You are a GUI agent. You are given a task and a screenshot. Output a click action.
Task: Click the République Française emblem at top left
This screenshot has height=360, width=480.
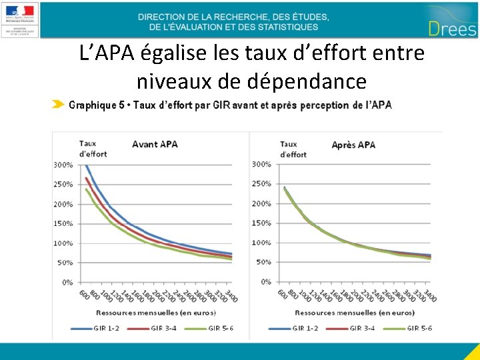[x=21, y=19]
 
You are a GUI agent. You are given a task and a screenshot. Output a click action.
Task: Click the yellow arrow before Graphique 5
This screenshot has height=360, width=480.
[x=59, y=105]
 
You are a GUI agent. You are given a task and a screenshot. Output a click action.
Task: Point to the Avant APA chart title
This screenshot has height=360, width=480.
[x=154, y=144]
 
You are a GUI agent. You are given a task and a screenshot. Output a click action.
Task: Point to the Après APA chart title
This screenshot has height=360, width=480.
[x=353, y=145]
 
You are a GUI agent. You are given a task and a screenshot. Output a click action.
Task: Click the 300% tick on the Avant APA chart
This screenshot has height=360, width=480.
[x=63, y=165]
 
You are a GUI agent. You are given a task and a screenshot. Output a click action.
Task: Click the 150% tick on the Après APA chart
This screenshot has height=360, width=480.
[x=261, y=223]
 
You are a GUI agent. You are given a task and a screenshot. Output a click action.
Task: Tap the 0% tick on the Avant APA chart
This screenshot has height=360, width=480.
[x=67, y=283]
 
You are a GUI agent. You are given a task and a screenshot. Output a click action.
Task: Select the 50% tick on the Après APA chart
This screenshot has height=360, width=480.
[x=263, y=262]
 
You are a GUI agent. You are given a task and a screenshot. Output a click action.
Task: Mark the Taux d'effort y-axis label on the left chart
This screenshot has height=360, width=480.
[x=92, y=149]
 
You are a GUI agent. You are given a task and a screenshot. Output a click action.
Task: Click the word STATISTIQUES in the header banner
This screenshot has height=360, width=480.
[x=284, y=27]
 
